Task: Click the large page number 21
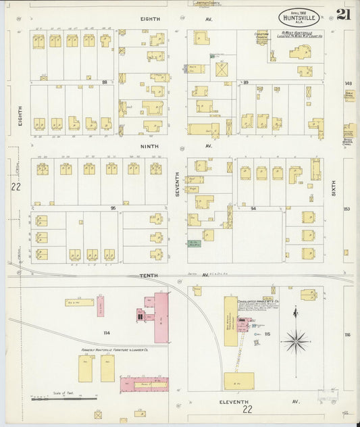click(x=343, y=14)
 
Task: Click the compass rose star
click(x=295, y=342)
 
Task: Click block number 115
click(x=267, y=334)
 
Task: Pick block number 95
click(x=113, y=208)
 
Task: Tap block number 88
click(x=105, y=82)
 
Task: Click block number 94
click(x=253, y=209)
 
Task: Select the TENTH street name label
click(x=148, y=276)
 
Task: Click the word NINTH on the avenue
click(x=149, y=145)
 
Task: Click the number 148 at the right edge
click(x=349, y=83)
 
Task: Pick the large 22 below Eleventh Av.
click(x=248, y=409)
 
